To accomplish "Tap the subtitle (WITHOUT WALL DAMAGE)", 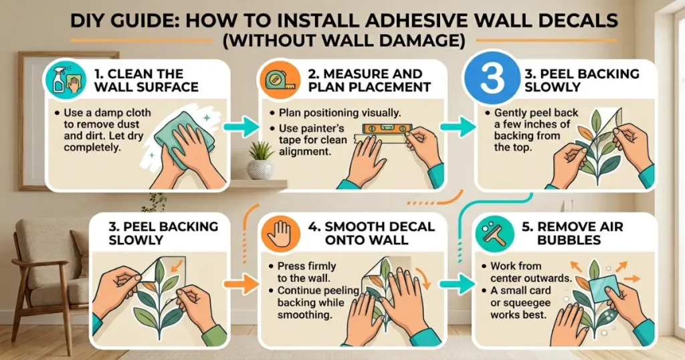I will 342,41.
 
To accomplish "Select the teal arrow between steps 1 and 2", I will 241,126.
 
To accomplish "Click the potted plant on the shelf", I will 260,161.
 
